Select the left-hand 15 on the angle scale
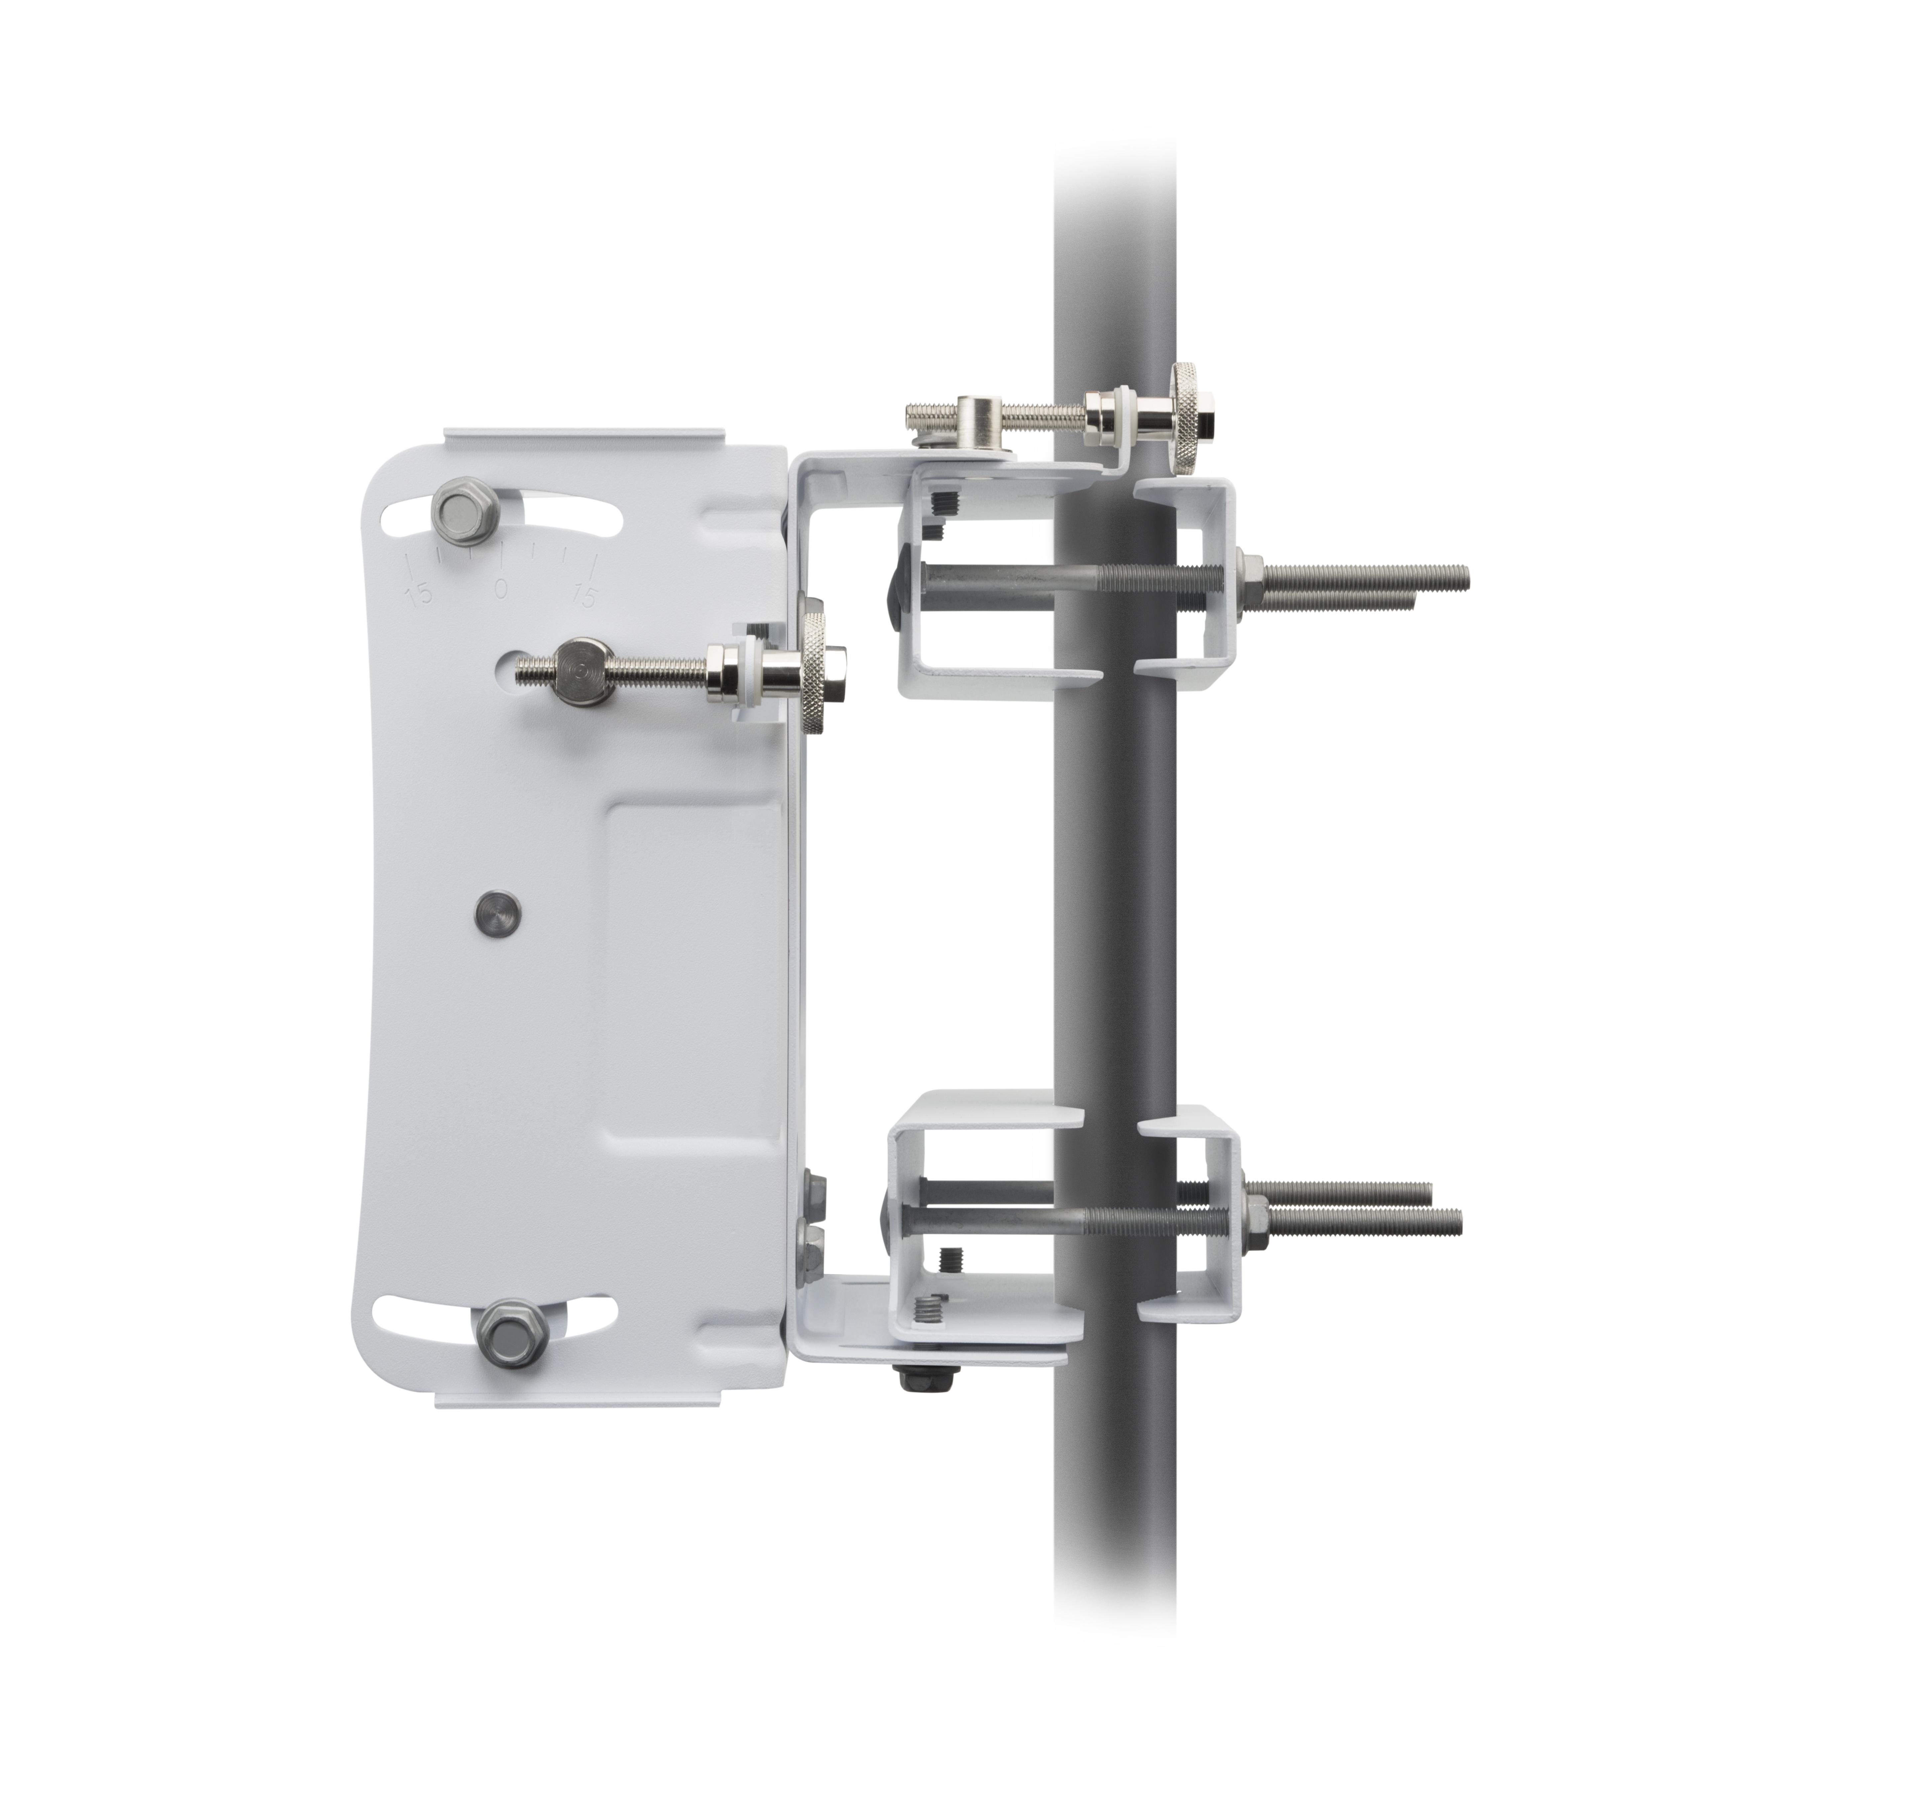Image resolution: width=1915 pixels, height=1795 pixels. (x=419, y=594)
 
